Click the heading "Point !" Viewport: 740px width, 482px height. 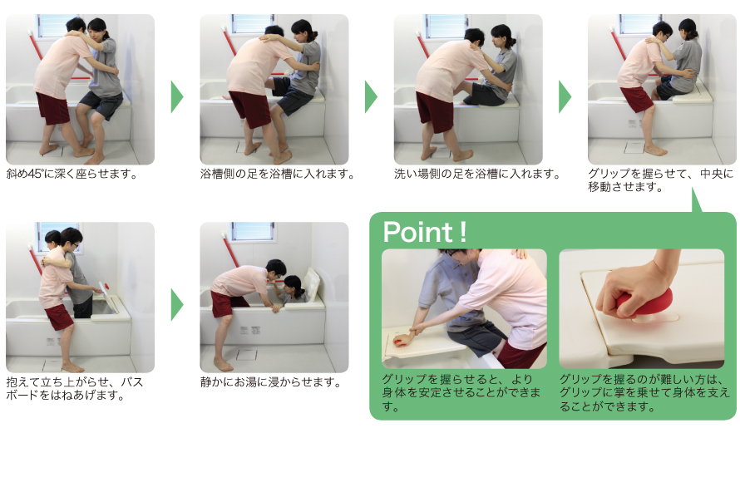click(424, 232)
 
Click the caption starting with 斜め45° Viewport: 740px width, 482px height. click(72, 175)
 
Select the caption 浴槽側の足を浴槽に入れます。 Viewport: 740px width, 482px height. click(277, 175)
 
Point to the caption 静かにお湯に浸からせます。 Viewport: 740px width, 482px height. click(271, 382)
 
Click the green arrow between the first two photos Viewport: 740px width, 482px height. click(176, 96)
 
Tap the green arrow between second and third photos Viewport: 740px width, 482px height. click(371, 96)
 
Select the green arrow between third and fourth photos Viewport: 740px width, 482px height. click(565, 96)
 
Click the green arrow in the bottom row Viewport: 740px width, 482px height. click(176, 304)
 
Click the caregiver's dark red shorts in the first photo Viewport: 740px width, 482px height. click(53, 108)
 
